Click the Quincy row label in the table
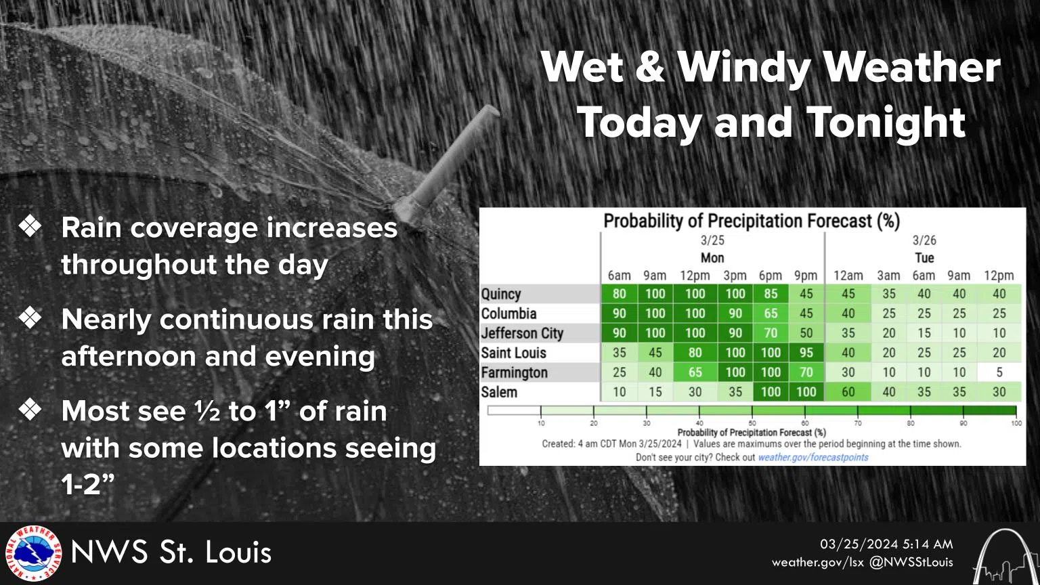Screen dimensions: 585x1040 coord(501,294)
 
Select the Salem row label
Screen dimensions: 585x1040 coord(499,392)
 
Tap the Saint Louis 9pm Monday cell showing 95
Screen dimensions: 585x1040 coord(806,353)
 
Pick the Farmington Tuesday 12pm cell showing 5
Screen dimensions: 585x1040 coord(999,372)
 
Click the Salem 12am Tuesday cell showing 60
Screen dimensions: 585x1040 coord(848,392)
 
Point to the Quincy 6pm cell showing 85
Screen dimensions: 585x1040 coord(771,294)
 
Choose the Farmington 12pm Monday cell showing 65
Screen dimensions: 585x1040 coord(695,372)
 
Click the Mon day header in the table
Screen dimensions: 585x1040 coord(712,258)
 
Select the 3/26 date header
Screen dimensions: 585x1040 coord(924,240)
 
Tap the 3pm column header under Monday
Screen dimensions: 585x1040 coord(735,276)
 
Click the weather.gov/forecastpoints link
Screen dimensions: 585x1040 coord(812,458)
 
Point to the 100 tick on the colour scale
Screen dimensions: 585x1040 coord(1016,423)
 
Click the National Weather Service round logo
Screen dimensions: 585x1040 coord(33,554)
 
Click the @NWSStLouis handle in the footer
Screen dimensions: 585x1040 coord(911,562)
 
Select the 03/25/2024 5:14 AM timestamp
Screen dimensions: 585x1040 coord(886,544)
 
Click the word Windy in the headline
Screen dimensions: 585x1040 coord(744,68)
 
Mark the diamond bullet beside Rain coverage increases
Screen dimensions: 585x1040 coord(31,227)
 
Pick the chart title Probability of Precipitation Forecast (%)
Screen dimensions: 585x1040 coord(752,221)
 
